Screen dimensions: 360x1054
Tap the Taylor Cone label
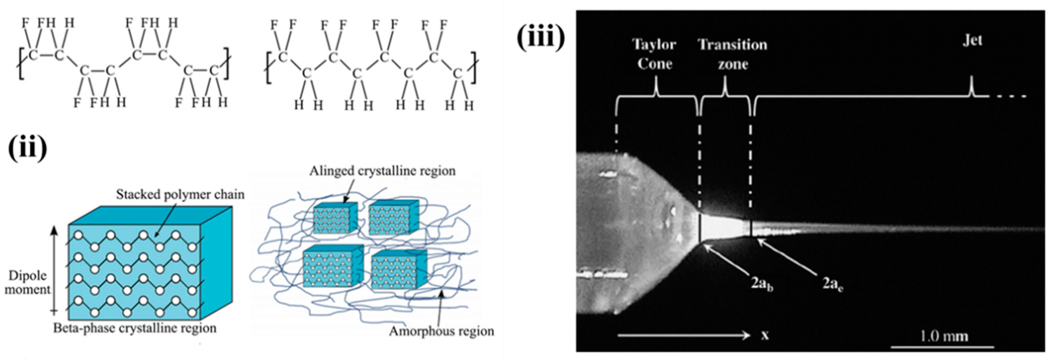tap(654, 54)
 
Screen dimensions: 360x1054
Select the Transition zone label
tap(732, 54)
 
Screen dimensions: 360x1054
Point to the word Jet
tap(972, 40)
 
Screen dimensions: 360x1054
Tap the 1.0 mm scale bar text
tap(944, 336)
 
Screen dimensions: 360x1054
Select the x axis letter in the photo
tap(765, 336)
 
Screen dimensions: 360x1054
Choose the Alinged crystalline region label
tap(382, 171)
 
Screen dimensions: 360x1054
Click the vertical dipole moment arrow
tap(55, 270)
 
